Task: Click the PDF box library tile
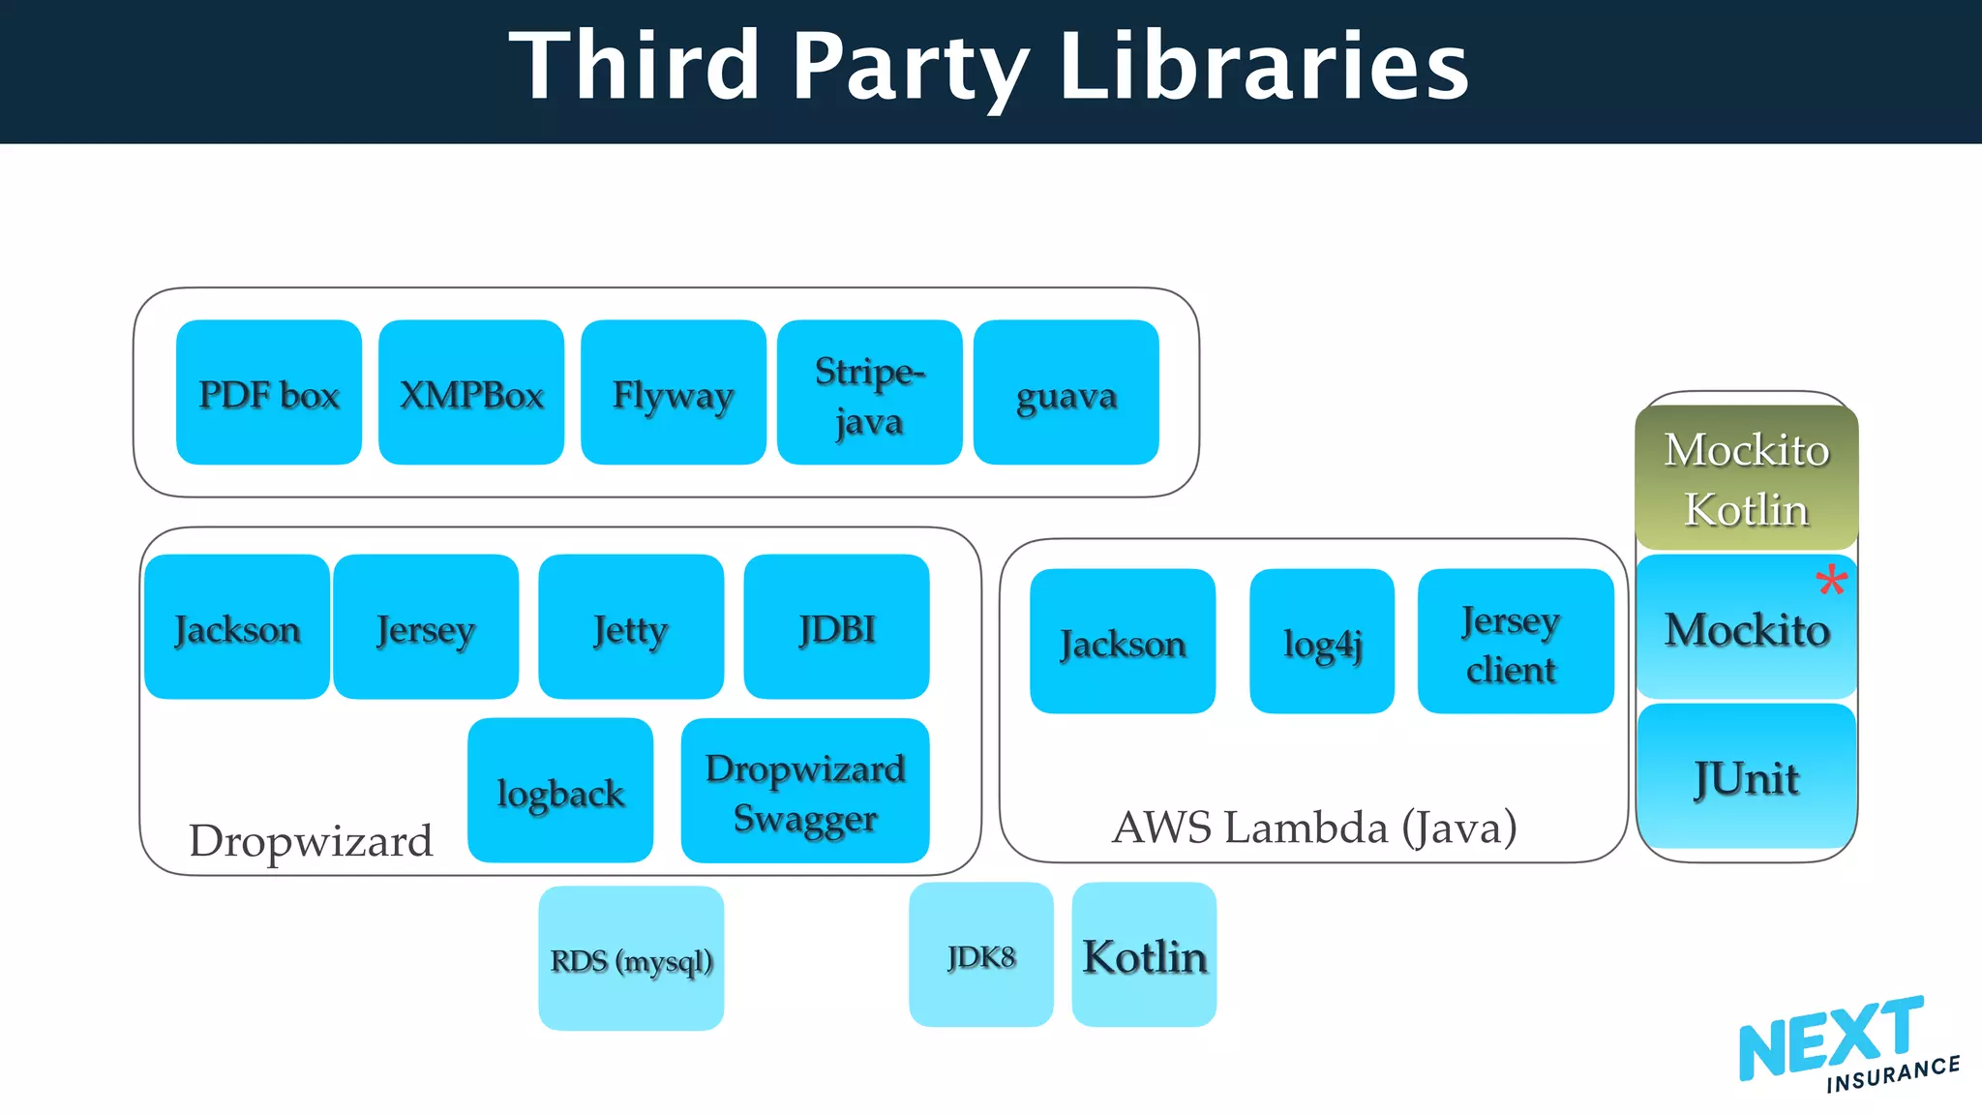click(x=269, y=392)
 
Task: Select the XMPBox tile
click(x=471, y=392)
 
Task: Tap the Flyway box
click(x=674, y=392)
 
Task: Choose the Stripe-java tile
click(x=869, y=392)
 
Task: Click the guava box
click(x=1066, y=392)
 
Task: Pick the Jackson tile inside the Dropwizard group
click(x=237, y=627)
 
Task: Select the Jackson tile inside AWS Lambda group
click(x=1123, y=642)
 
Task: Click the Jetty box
click(x=631, y=627)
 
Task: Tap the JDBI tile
click(x=836, y=627)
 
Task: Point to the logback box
click(x=560, y=790)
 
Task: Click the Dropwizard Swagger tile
click(x=805, y=790)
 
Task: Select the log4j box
click(x=1322, y=642)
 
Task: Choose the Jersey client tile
click(x=1516, y=642)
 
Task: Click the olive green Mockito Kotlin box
click(x=1747, y=478)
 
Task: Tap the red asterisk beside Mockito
click(x=1831, y=582)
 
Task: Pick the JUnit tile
click(x=1747, y=776)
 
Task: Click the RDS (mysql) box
click(x=631, y=958)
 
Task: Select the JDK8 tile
click(x=981, y=954)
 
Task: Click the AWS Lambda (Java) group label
click(x=1314, y=828)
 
